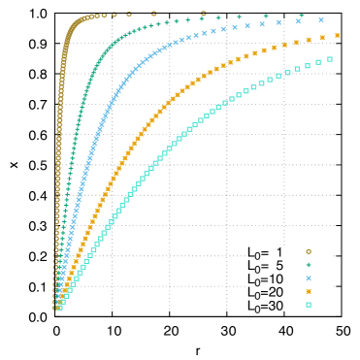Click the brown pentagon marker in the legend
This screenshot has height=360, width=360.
tap(309, 251)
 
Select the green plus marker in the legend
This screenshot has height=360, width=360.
tap(309, 265)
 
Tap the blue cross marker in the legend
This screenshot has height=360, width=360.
tap(309, 278)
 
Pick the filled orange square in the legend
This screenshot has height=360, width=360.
tap(309, 291)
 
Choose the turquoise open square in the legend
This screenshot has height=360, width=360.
tap(309, 305)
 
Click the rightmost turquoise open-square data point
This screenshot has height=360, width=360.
tap(330, 59)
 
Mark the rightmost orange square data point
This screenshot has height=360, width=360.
tap(337, 35)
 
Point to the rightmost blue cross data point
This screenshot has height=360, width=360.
tap(321, 19)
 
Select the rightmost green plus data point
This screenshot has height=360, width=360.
tap(301, 16)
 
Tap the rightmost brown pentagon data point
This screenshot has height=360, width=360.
tap(203, 14)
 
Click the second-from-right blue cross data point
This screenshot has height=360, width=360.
tap(298, 20)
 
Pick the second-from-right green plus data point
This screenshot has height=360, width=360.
tap(266, 16)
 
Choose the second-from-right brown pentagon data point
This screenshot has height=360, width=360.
tap(154, 14)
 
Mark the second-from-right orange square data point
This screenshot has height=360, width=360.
tap(322, 38)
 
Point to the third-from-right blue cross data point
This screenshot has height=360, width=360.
tap(278, 22)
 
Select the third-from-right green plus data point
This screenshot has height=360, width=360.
tap(239, 16)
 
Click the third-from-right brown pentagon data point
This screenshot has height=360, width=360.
tap(128, 14)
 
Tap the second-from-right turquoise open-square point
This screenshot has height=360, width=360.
tap(318, 62)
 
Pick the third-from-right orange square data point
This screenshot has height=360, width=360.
tap(309, 40)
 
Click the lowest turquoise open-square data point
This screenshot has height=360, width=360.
tap(59, 307)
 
